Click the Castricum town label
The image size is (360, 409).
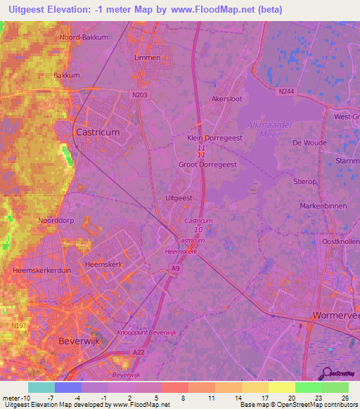pos(97,131)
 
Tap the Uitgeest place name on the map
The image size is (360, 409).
pos(179,198)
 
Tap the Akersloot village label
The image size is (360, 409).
pos(227,100)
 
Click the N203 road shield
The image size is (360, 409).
pos(139,93)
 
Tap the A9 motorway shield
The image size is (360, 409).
pos(175,267)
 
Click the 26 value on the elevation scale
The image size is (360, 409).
pos(344,397)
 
